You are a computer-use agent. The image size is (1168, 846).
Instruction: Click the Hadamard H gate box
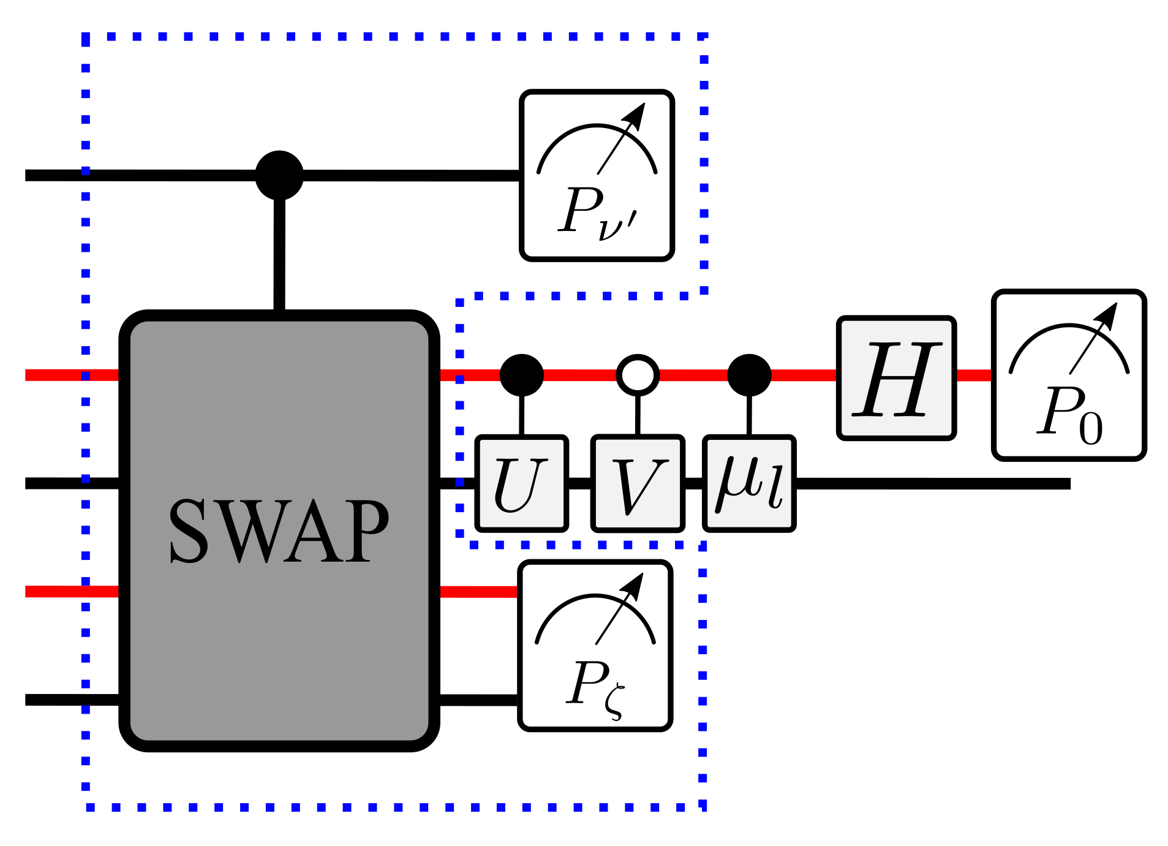click(x=896, y=378)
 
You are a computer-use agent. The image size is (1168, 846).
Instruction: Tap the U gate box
click(x=521, y=483)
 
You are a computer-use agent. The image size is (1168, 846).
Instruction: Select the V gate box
click(x=638, y=483)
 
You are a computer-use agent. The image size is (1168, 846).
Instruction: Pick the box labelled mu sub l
click(x=749, y=483)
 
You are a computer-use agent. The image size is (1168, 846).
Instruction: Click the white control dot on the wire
click(x=638, y=375)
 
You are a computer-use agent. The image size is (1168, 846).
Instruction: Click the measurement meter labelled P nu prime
click(x=597, y=175)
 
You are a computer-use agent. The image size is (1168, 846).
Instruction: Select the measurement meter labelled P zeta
click(x=595, y=646)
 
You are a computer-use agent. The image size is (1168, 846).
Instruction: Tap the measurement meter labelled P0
click(x=1069, y=375)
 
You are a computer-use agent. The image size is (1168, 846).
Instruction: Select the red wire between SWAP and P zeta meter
click(x=478, y=591)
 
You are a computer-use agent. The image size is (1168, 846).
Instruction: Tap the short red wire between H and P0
click(x=974, y=375)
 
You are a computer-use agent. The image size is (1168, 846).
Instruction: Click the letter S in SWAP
click(x=189, y=531)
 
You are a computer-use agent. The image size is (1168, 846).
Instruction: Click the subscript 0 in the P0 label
click(x=1091, y=429)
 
